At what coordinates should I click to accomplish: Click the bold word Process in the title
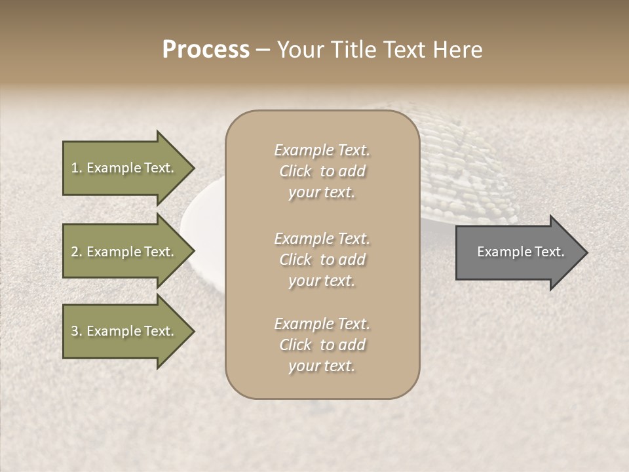click(x=206, y=50)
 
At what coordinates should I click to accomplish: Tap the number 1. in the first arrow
click(x=77, y=168)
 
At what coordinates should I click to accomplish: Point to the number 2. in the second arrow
click(x=77, y=252)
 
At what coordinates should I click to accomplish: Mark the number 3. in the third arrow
click(x=77, y=331)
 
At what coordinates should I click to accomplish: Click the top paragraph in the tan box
click(x=322, y=171)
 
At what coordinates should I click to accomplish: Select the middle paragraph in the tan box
click(x=322, y=259)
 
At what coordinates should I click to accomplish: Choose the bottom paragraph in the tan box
click(x=322, y=345)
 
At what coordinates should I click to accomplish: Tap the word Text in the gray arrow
click(x=549, y=252)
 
